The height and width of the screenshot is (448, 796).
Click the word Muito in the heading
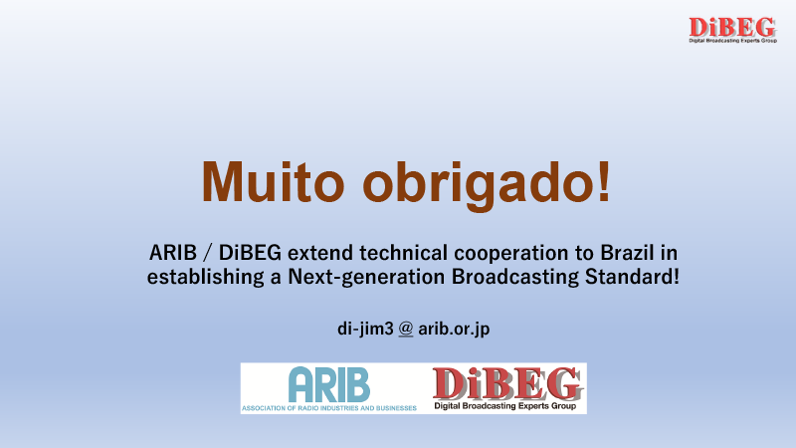click(x=273, y=181)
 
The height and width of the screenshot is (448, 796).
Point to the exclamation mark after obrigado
click(x=604, y=181)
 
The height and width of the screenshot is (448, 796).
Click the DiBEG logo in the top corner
click(x=732, y=30)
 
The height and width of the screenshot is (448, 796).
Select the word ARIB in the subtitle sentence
click(x=172, y=253)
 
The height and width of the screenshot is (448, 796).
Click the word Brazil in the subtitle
click(x=627, y=253)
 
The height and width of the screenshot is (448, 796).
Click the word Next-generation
click(x=366, y=278)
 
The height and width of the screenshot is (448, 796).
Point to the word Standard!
click(x=632, y=277)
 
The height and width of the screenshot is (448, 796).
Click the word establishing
click(x=206, y=278)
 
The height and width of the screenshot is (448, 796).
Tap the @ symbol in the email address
click(x=406, y=329)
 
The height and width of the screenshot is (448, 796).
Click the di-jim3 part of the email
click(x=365, y=330)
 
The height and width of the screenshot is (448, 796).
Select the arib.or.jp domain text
click(x=454, y=330)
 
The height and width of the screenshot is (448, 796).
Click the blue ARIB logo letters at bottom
click(x=329, y=384)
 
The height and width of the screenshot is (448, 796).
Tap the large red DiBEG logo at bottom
click(x=507, y=383)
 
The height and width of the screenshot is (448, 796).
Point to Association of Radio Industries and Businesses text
click(x=329, y=408)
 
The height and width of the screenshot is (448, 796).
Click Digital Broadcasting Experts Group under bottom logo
click(x=505, y=406)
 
